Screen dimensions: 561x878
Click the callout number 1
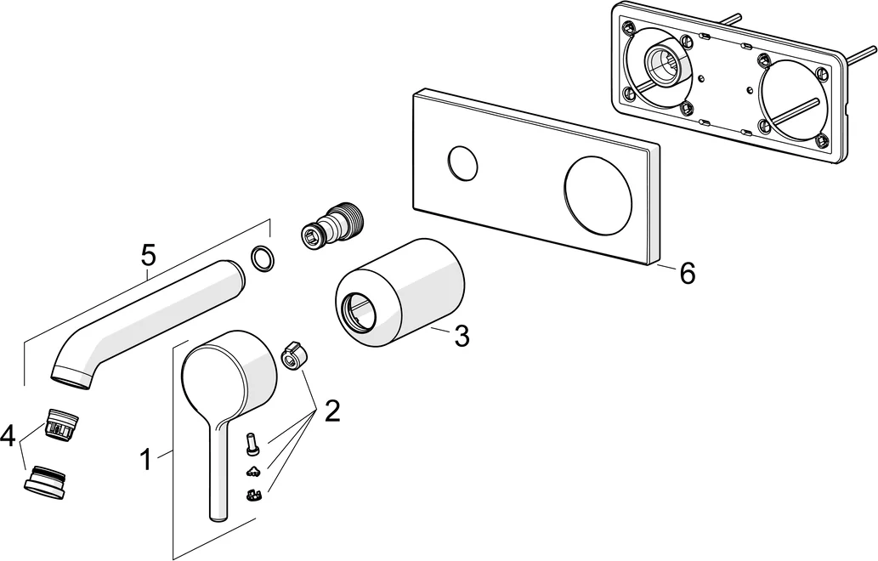145,461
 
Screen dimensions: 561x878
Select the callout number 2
331,412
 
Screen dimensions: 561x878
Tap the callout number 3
461,337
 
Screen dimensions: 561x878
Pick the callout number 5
148,253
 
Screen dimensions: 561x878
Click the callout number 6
687,274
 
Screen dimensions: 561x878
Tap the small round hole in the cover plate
462,162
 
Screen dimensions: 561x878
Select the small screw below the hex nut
252,443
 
